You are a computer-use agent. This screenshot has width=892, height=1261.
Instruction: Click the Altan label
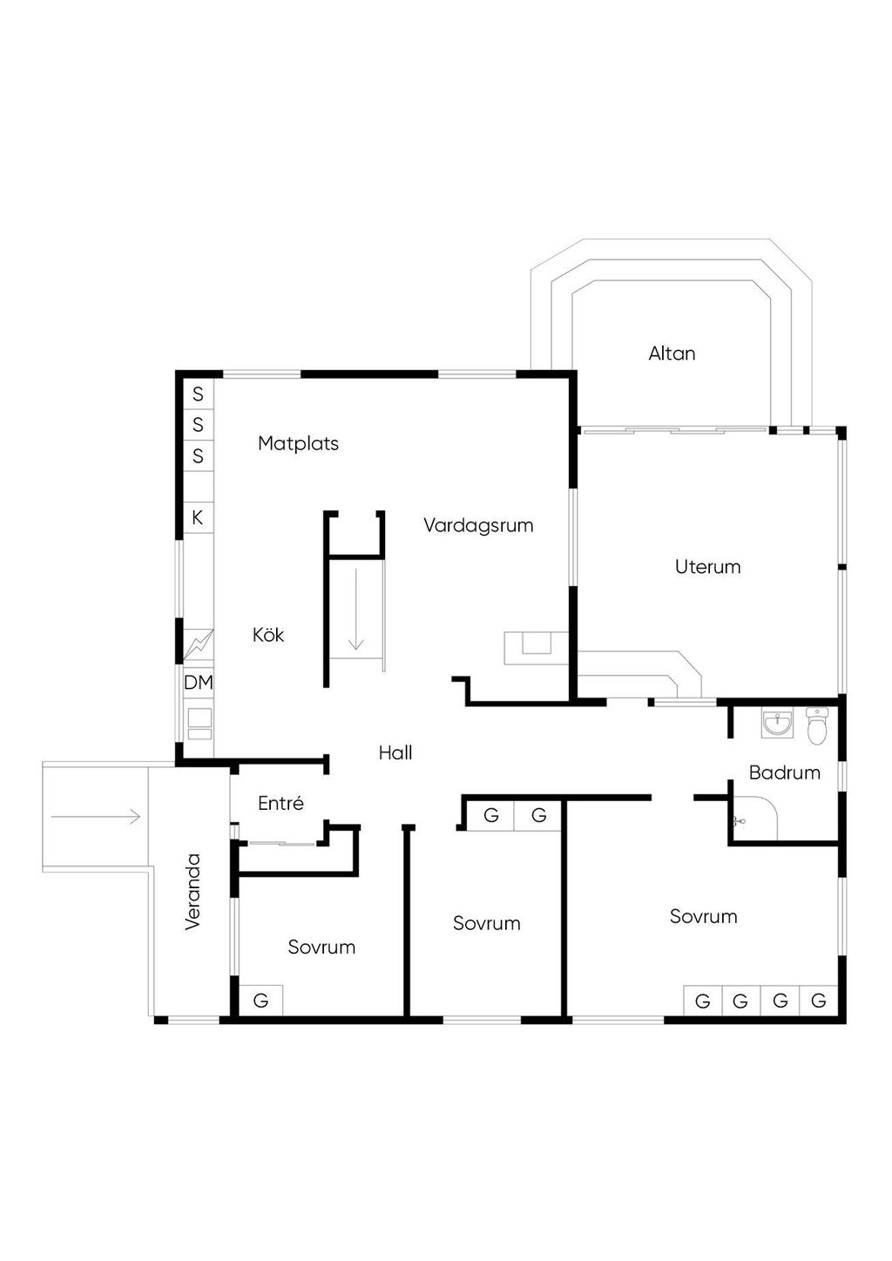[672, 354]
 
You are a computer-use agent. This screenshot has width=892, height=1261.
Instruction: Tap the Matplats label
[298, 443]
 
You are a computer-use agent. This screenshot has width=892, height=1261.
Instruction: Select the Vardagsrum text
[478, 526]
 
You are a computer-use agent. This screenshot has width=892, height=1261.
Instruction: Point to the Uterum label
[707, 566]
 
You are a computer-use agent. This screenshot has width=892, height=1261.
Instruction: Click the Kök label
[268, 635]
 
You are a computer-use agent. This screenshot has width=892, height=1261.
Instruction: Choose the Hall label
[395, 752]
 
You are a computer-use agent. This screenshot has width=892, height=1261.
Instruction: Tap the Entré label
[280, 803]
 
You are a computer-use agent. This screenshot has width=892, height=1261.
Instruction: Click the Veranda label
[193, 892]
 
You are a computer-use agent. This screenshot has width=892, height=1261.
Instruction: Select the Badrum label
[785, 772]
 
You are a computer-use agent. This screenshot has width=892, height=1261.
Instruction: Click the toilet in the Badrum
[816, 725]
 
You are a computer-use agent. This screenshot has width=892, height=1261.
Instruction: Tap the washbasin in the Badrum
[778, 724]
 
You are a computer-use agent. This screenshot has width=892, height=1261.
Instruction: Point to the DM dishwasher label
[199, 682]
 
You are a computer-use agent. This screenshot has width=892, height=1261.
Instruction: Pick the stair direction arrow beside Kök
[356, 609]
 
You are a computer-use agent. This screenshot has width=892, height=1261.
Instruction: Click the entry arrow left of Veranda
[95, 816]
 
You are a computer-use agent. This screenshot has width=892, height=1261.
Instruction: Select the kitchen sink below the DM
[199, 724]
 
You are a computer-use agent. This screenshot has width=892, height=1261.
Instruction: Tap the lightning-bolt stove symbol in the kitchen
[199, 644]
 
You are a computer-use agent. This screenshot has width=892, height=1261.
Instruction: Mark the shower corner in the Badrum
[753, 819]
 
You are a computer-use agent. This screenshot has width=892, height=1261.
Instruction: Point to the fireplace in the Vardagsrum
[536, 648]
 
